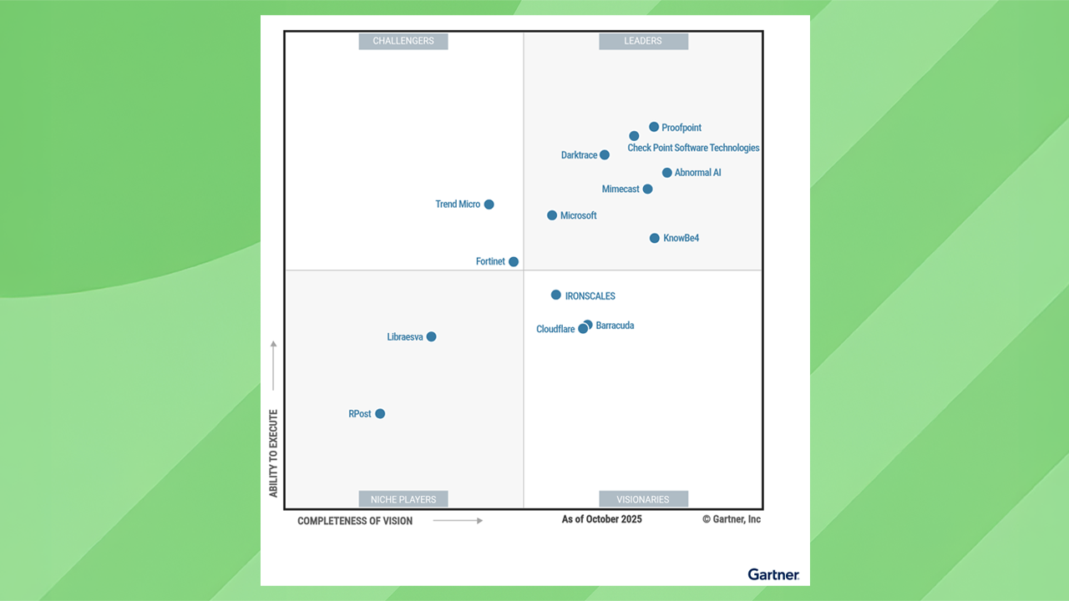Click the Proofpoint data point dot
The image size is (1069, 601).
[x=654, y=127]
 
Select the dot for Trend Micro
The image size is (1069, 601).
[x=489, y=205]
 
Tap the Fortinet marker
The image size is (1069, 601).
[x=514, y=262]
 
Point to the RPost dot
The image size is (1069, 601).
[x=380, y=414]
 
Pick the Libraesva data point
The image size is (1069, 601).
[x=431, y=337]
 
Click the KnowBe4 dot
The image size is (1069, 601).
[x=655, y=239]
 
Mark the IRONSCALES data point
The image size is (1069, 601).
[x=556, y=295]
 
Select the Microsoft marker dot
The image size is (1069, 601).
[x=552, y=215]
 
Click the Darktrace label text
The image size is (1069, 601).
[x=579, y=155]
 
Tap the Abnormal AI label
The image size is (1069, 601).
[x=697, y=173]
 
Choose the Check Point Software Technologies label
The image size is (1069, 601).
[x=693, y=148]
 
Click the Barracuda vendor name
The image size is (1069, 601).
[x=615, y=326]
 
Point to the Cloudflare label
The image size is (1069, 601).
[x=555, y=330]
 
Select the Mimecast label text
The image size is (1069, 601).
[x=621, y=189]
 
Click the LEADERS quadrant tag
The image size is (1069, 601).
[x=643, y=41]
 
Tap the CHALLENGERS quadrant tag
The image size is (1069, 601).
[x=403, y=41]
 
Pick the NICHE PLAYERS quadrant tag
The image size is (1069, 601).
[x=403, y=499]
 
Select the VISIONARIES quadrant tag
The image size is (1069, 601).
[x=643, y=499]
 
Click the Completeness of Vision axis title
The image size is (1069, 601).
[x=355, y=521]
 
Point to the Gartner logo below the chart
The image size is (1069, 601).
[x=773, y=574]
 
